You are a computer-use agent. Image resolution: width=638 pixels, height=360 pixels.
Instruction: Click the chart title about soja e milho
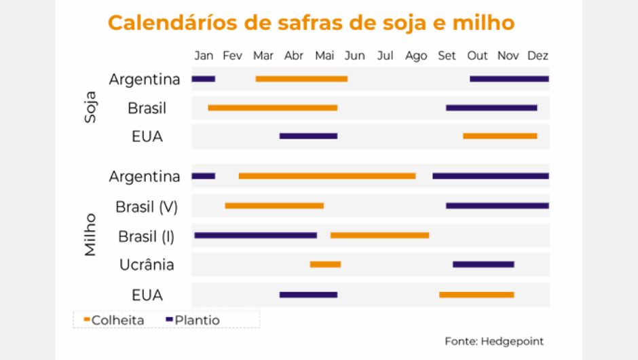coord(311,23)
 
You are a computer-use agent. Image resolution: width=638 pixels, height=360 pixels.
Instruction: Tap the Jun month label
coord(354,56)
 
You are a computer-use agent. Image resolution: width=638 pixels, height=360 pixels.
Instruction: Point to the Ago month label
coord(416,56)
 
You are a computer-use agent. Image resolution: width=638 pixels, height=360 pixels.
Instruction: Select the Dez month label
coord(538,56)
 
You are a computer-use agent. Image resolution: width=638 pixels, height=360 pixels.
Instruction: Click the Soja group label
coord(90,107)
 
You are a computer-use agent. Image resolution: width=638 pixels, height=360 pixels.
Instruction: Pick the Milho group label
coord(90,234)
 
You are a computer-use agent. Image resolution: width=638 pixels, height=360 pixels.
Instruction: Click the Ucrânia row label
coord(147,264)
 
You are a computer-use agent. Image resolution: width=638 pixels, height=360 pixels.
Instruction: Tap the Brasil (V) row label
coord(147,206)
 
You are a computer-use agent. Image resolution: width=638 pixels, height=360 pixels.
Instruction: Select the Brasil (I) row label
coord(147,236)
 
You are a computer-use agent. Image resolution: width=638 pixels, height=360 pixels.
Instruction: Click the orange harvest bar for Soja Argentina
coord(301,79)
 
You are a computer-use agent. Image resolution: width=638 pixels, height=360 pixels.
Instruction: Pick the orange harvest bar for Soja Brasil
coord(272,108)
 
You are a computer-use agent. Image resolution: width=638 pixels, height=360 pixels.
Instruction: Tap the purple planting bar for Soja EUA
coord(308,136)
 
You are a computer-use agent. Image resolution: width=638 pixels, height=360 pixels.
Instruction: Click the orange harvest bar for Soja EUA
coord(500,136)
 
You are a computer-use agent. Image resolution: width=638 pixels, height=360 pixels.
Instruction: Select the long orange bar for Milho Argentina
coord(327,176)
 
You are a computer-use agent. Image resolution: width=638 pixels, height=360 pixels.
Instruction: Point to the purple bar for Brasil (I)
coord(255,235)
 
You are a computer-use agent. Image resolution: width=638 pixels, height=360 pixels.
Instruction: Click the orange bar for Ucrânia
coord(325,264)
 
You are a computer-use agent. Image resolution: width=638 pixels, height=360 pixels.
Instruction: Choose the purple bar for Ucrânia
coord(483,264)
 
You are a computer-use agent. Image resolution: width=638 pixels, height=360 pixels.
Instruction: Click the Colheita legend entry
coord(113,320)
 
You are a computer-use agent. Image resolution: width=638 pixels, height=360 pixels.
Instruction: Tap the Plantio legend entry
coord(193,320)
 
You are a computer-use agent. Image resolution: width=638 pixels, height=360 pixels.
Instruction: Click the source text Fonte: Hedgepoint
coord(494,341)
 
